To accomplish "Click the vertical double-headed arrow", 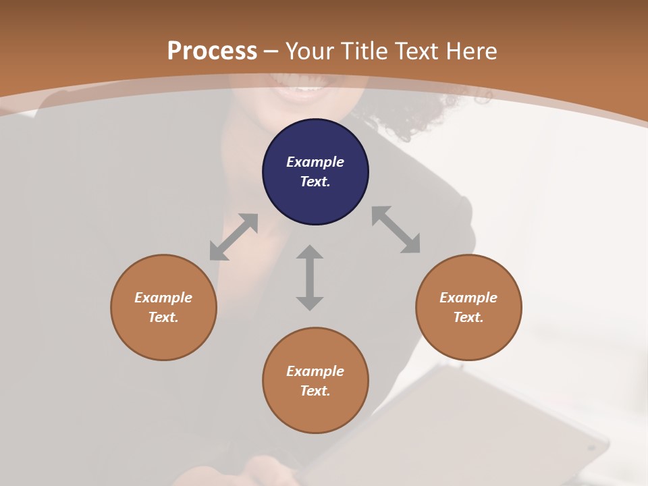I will click(310, 277).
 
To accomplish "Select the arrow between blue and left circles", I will click(234, 237).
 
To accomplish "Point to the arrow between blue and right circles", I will click(396, 230).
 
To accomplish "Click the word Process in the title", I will click(212, 51).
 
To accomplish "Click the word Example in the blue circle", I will click(315, 162).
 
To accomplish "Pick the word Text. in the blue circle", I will click(315, 182).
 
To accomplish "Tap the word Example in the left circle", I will click(163, 298).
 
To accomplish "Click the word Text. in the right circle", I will click(468, 317).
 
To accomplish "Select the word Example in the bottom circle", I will click(315, 371).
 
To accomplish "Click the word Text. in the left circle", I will click(163, 317).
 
